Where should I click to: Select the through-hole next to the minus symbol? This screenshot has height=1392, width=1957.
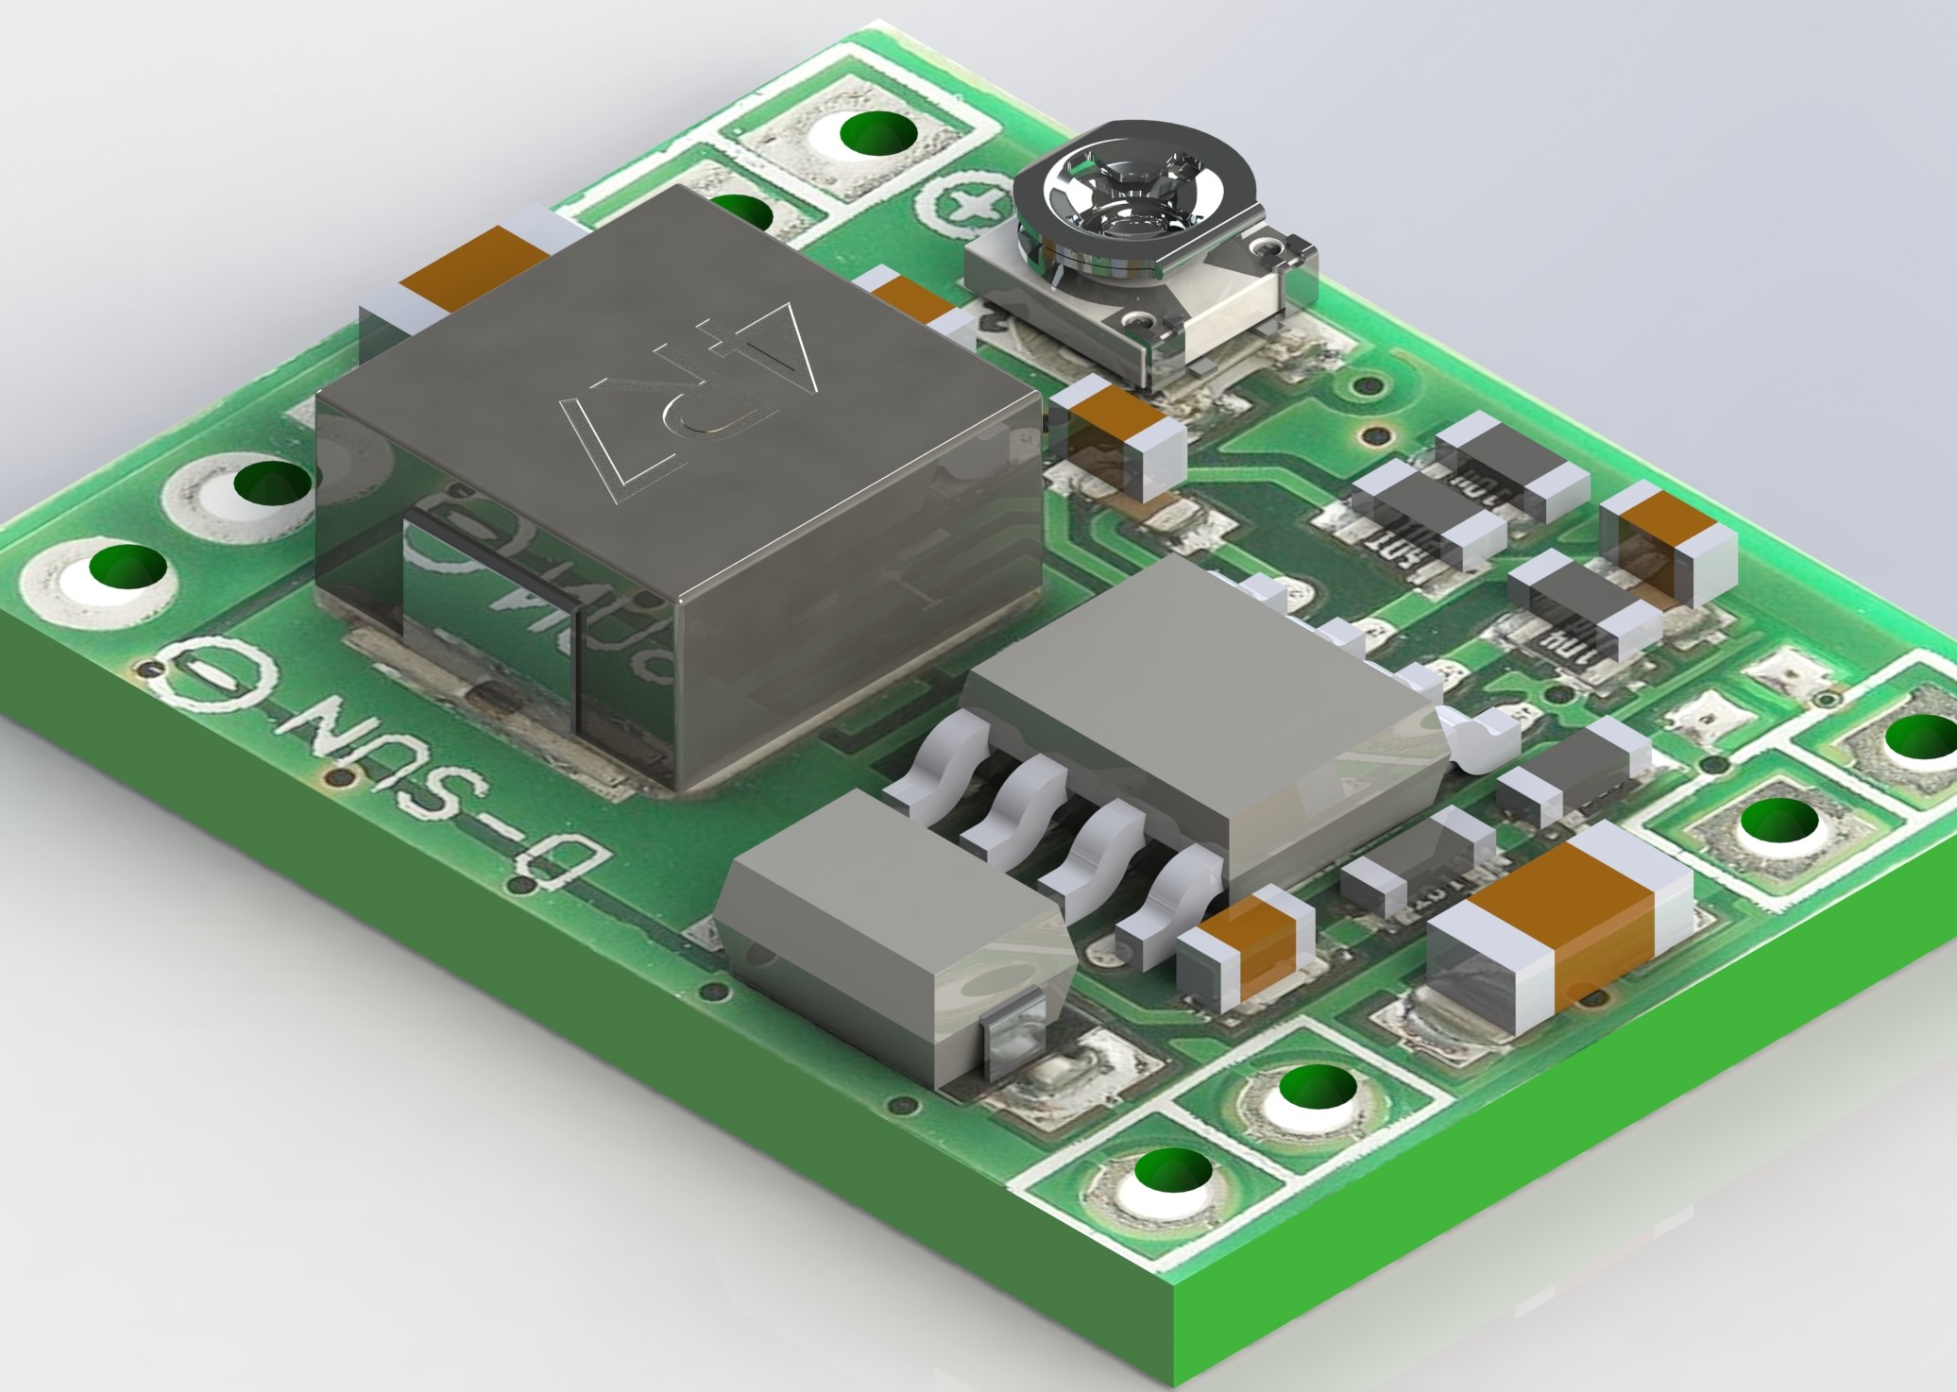point(128,571)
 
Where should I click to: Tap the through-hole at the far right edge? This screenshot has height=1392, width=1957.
point(1917,737)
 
